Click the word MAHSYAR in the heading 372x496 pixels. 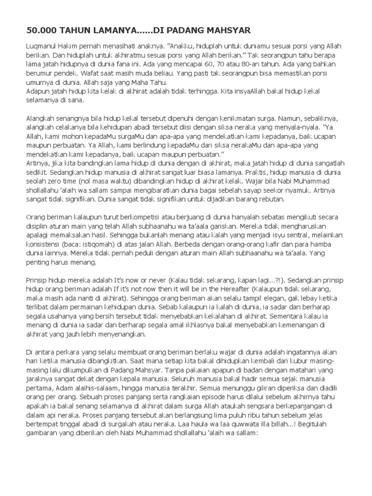coord(227,31)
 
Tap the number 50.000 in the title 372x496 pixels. coord(41,31)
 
